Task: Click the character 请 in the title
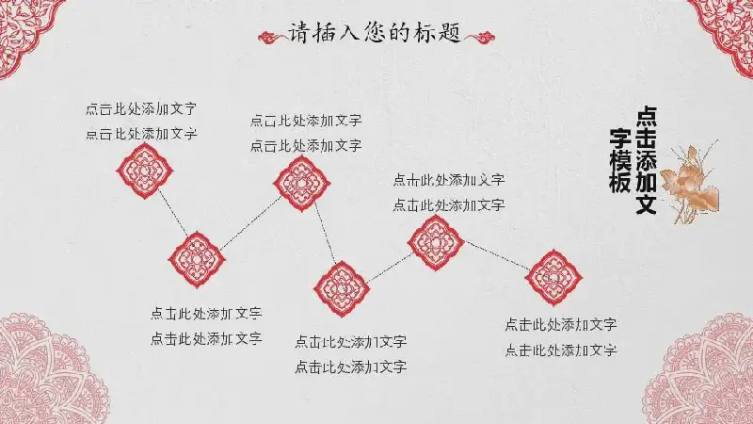coord(297,33)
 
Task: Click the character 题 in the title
coord(450,33)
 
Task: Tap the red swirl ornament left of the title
coord(271,37)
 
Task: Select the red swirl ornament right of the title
coord(479,37)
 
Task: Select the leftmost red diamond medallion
coord(145,171)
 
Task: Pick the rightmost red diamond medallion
coord(553,277)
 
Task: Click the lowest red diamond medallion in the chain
coord(342,289)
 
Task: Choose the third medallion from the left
coord(301,184)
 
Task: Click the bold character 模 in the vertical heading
coord(620,161)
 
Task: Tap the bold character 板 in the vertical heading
coord(620,183)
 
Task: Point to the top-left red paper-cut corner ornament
coord(26,31)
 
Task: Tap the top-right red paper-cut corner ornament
coord(723,31)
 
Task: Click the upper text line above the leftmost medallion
coord(141,108)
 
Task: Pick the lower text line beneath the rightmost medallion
coord(561,350)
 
